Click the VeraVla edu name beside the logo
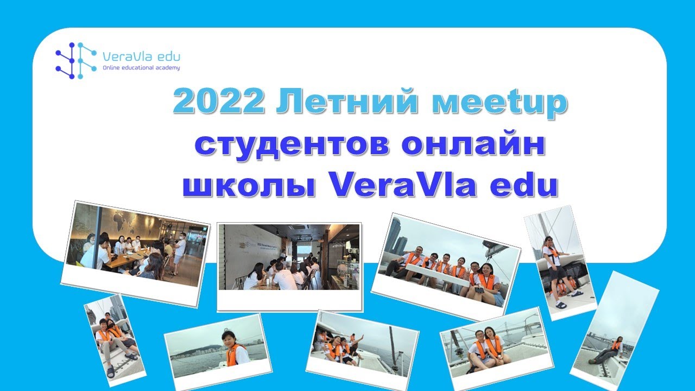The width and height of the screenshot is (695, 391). tap(141, 56)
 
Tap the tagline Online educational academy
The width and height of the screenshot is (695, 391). tap(141, 68)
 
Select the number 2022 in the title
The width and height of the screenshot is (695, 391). tap(219, 103)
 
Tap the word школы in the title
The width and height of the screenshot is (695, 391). tap(247, 186)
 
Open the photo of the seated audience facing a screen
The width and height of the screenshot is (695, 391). tap(289, 258)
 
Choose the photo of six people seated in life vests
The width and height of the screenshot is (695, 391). tap(446, 266)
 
